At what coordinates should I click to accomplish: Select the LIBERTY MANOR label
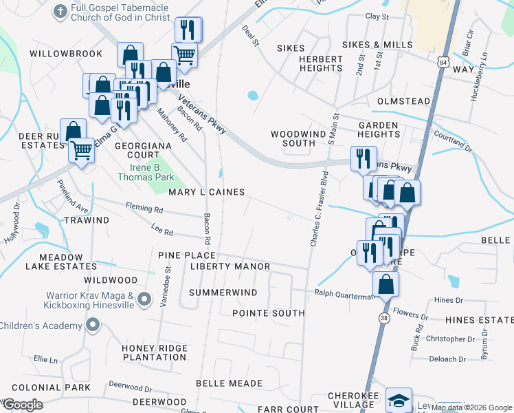pos(230,266)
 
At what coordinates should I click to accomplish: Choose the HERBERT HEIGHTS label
pos(321,64)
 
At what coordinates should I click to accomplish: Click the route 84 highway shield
pos(440,63)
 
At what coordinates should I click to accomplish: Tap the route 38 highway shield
pos(385,319)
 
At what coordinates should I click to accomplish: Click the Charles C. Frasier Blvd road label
pos(318,209)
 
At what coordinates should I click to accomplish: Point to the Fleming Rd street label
pos(144,207)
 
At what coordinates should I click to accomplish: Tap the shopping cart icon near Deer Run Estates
pos(82,149)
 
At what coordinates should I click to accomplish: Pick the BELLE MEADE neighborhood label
pos(229,383)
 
